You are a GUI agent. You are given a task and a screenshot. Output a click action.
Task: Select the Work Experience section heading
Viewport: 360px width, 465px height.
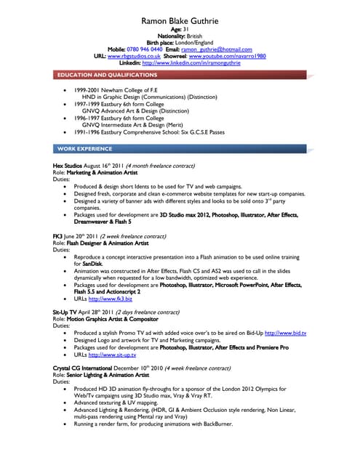[x=84, y=148]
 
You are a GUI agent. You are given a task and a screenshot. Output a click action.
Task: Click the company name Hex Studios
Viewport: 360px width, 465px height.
[x=67, y=166]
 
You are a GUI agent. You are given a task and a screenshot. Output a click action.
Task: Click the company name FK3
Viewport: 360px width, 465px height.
[x=57, y=237]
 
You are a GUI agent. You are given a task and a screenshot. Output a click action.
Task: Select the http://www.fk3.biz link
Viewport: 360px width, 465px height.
[x=111, y=298]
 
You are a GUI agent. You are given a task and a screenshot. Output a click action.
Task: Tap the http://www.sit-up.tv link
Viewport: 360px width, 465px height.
[x=113, y=355]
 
